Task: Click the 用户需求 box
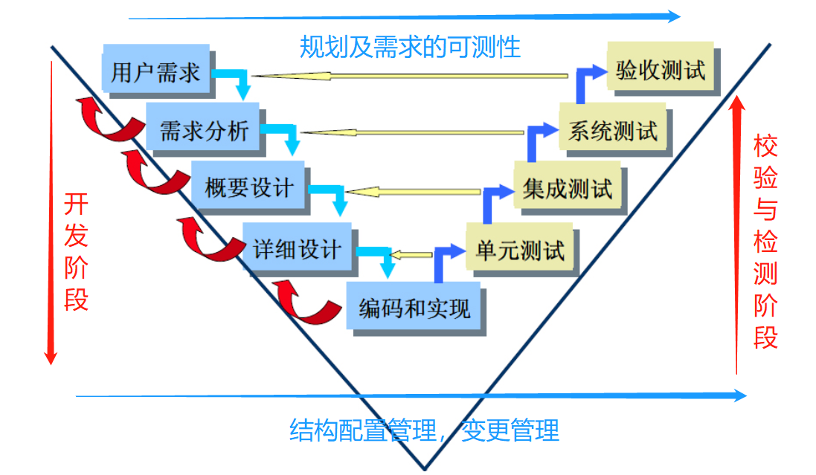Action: tap(155, 72)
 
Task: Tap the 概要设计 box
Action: tap(248, 187)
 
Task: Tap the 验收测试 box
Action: tap(660, 70)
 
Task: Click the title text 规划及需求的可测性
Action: tap(410, 48)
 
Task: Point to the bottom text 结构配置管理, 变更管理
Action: tap(423, 430)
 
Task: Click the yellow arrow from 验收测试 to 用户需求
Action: tap(409, 75)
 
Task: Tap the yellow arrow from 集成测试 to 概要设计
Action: tap(413, 192)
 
